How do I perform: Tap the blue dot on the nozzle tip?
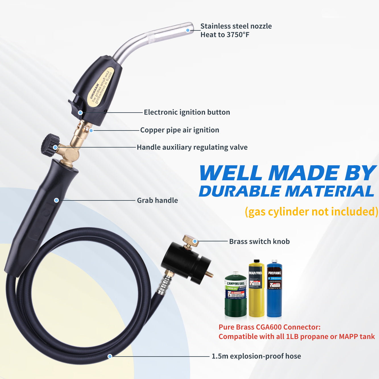(188, 30)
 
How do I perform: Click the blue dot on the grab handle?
(56, 200)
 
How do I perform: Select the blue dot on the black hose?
(110, 356)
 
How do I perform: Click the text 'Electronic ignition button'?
(187, 112)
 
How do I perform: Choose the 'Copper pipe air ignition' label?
(180, 130)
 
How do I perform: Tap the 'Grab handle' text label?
(158, 200)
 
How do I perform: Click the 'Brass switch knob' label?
(259, 242)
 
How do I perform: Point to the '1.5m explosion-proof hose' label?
(256, 356)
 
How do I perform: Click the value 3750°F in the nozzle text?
(238, 35)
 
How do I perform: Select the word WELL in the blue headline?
(230, 173)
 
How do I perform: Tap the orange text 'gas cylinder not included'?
(311, 212)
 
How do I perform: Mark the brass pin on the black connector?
(210, 274)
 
